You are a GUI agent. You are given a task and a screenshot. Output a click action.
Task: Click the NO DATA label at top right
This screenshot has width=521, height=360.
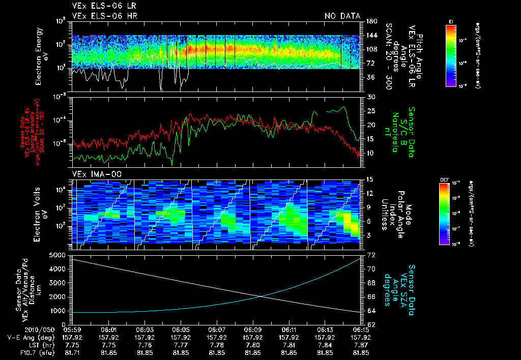[x=342, y=16]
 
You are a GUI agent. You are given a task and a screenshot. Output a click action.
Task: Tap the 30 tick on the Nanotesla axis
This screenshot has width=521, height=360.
[x=370, y=97]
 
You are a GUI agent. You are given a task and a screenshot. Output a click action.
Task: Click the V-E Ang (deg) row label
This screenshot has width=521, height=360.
[x=30, y=337]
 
